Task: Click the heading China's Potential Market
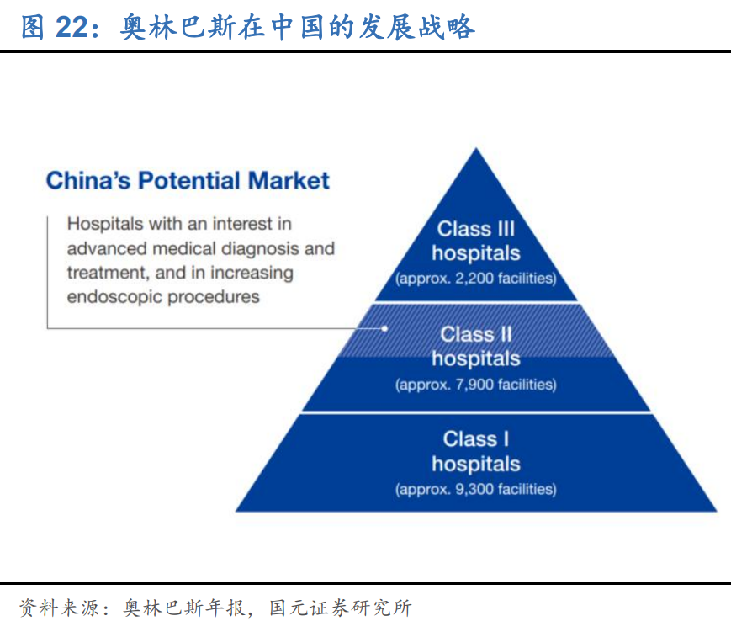click(x=188, y=180)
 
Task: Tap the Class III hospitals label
click(x=476, y=241)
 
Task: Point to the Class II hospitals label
click(x=476, y=346)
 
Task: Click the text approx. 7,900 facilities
click(x=476, y=385)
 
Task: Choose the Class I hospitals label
click(x=476, y=451)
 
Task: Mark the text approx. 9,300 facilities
click(x=476, y=489)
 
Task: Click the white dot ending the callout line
click(x=385, y=328)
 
